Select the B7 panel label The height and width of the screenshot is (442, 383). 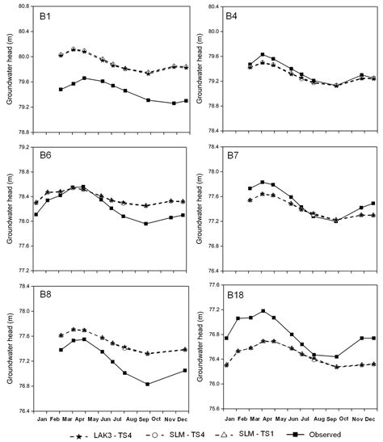[231, 154]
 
